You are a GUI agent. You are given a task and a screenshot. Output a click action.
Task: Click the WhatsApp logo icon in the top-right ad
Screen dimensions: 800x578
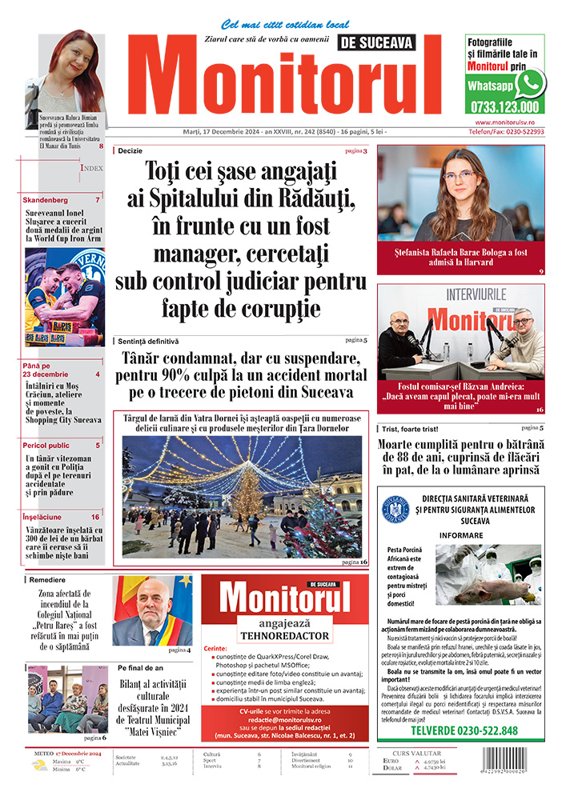point(529,83)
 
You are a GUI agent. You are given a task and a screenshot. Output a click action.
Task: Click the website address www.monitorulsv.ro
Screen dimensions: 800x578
point(505,122)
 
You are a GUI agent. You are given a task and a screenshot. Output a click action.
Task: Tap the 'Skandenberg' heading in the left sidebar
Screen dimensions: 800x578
point(46,199)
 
